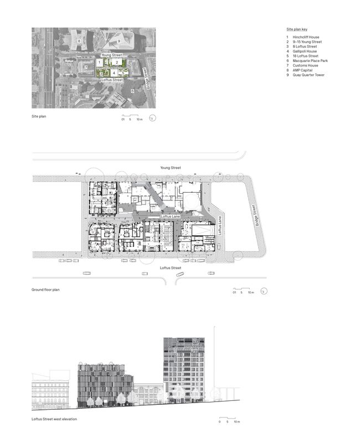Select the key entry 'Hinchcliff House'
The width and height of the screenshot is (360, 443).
pos(307,37)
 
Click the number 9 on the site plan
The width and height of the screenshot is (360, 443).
pos(119,41)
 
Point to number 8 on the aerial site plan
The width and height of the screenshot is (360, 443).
pos(79,41)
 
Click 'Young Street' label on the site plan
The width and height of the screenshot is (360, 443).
pos(111,55)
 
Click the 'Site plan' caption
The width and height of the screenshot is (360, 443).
pos(39,116)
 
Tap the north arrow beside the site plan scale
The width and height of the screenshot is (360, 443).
pos(154,117)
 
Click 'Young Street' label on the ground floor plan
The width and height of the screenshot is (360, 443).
pos(170,167)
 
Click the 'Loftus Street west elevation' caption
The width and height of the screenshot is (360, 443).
pos(54,419)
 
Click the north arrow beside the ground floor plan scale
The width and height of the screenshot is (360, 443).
pos(265,291)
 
